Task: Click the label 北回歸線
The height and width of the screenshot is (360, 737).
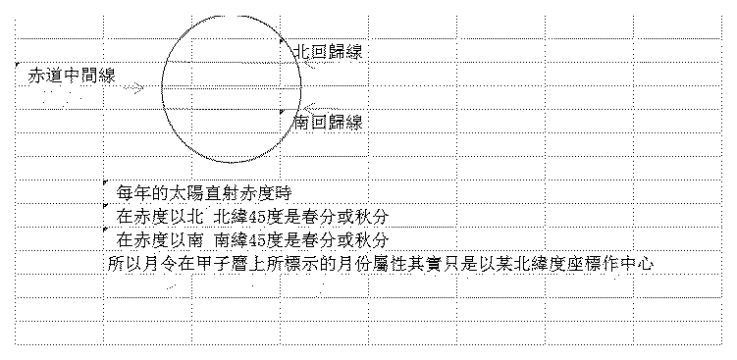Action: click(329, 52)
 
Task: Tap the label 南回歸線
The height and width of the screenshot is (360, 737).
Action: click(329, 123)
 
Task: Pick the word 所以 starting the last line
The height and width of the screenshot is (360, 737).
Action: click(124, 264)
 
